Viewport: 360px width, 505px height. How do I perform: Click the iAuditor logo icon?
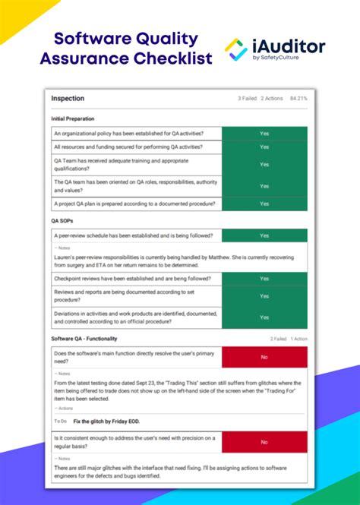coord(235,49)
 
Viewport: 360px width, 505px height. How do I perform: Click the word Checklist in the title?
coord(169,58)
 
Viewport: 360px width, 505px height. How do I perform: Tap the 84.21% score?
coord(297,99)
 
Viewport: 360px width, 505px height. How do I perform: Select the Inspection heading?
coord(68,99)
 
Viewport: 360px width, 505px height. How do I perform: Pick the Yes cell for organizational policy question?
coord(264,133)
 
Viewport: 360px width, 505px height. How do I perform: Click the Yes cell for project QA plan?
coord(264,204)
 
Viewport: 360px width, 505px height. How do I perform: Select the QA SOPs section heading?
coord(63,221)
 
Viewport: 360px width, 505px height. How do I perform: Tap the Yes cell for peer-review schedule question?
coord(264,235)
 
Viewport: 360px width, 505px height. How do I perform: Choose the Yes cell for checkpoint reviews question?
coord(264,279)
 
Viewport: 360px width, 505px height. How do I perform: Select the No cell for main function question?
coord(264,356)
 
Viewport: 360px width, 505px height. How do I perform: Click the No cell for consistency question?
coord(264,441)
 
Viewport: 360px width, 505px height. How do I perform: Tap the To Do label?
coord(61,421)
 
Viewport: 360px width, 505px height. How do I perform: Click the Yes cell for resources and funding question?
coord(264,147)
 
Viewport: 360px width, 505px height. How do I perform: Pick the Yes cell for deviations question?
coord(264,317)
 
